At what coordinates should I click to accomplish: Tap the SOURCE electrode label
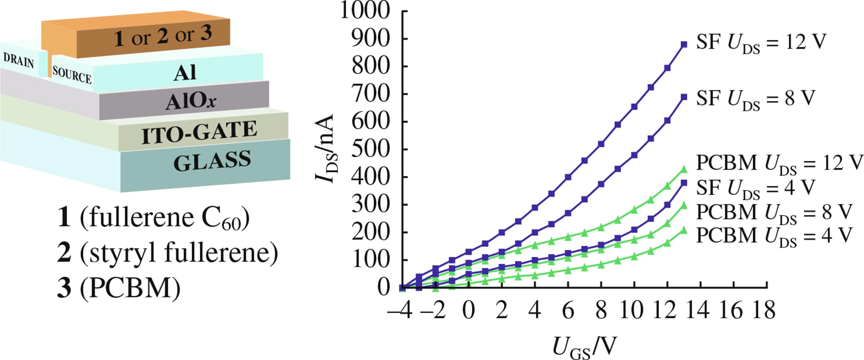pyautogui.click(x=72, y=75)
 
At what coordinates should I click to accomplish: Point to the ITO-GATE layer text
pyautogui.click(x=199, y=132)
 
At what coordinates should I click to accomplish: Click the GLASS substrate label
pyautogui.click(x=212, y=161)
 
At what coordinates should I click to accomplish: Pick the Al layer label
pyautogui.click(x=185, y=73)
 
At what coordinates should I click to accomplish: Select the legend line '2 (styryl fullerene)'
pyautogui.click(x=168, y=253)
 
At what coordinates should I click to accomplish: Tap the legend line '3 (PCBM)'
pyautogui.click(x=119, y=288)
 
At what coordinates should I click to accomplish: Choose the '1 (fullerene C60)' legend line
pyautogui.click(x=154, y=218)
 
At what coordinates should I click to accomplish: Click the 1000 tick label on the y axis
pyautogui.click(x=365, y=11)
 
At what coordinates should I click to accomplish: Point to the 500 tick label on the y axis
pyautogui.click(x=370, y=149)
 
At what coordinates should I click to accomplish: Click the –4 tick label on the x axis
pyautogui.click(x=400, y=310)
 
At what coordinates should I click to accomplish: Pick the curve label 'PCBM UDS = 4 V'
pyautogui.click(x=773, y=236)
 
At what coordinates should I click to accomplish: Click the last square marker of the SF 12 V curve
pyautogui.click(x=684, y=45)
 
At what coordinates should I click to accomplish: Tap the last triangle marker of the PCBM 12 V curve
pyautogui.click(x=684, y=169)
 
